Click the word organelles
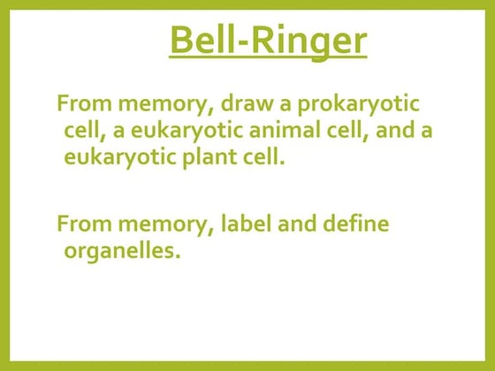121,252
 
